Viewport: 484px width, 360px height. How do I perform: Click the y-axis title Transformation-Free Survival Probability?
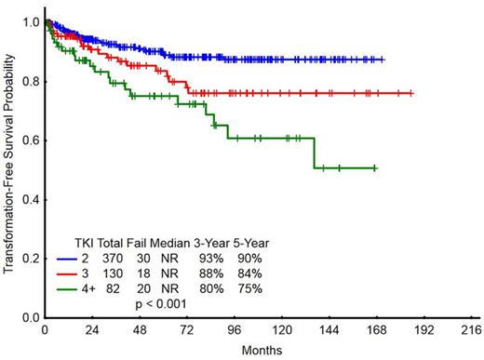8,167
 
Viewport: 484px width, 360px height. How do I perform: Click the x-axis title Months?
257,350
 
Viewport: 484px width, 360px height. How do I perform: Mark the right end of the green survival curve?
375,168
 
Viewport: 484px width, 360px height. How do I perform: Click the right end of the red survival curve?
412,93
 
